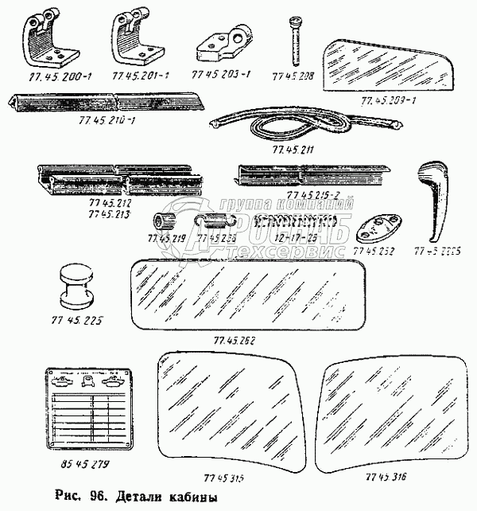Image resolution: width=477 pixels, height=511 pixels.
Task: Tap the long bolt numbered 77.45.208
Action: point(296,40)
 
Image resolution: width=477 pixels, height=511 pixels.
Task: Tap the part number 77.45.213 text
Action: point(107,213)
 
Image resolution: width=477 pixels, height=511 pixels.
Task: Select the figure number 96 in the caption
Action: point(96,498)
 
